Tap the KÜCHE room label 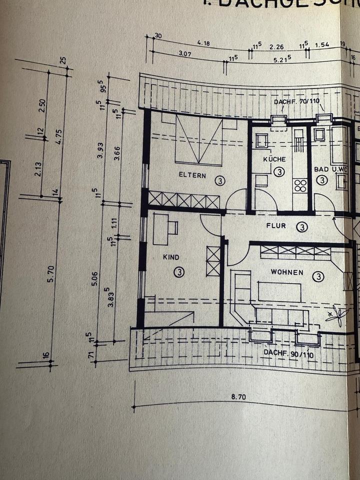click(274, 159)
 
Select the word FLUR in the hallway click(276, 226)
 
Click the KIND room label click(170, 257)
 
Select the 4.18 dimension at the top click(203, 43)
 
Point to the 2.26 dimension click(276, 47)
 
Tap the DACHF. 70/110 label click(296, 101)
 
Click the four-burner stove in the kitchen click(300, 186)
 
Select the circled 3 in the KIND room click(179, 272)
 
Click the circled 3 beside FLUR click(301, 227)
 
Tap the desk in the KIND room click(161, 229)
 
